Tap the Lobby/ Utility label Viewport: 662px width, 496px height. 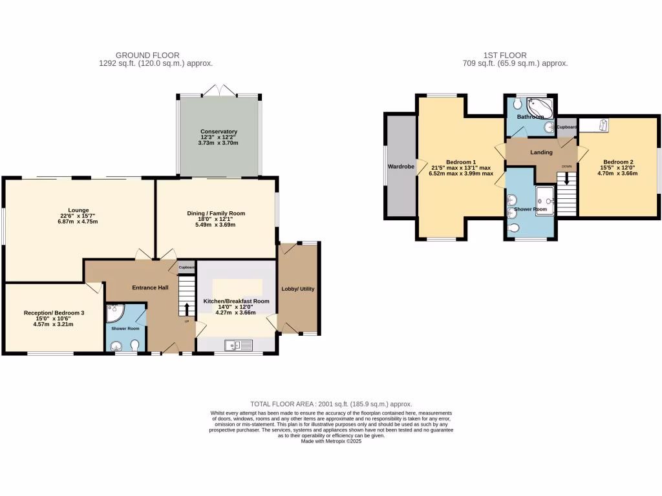(297, 289)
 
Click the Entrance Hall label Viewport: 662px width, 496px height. (151, 287)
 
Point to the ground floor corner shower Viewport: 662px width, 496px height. (114, 314)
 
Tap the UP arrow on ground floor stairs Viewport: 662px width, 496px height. (187, 309)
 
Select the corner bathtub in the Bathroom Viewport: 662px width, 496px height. (539, 107)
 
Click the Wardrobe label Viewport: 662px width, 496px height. (400, 167)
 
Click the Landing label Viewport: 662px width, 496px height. (541, 152)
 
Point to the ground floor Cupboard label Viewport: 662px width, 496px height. (187, 267)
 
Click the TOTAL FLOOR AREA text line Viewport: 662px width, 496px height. (331, 404)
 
